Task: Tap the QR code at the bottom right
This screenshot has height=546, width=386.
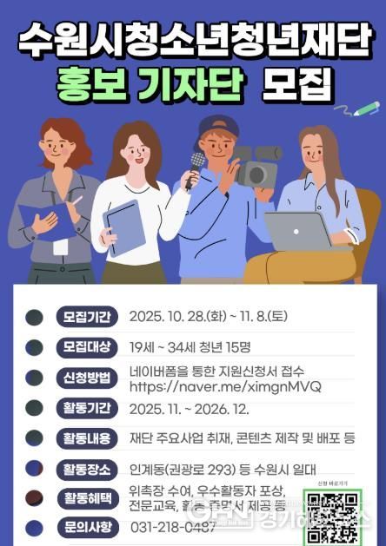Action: [x=331, y=517]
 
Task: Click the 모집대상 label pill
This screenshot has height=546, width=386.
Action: [x=85, y=346]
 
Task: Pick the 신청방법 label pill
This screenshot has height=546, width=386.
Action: [x=85, y=378]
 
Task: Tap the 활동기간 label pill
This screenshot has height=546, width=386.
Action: [x=85, y=408]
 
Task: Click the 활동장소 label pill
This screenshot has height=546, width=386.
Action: [x=85, y=470]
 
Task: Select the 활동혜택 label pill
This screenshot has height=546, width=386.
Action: [x=85, y=497]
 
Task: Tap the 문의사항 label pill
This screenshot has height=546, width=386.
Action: [x=85, y=527]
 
